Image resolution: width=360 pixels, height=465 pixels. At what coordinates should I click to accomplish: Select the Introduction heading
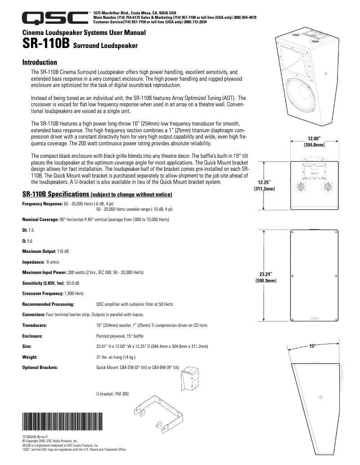pos(40,62)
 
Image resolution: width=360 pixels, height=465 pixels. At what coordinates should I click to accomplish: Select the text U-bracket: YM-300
pos(112,394)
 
